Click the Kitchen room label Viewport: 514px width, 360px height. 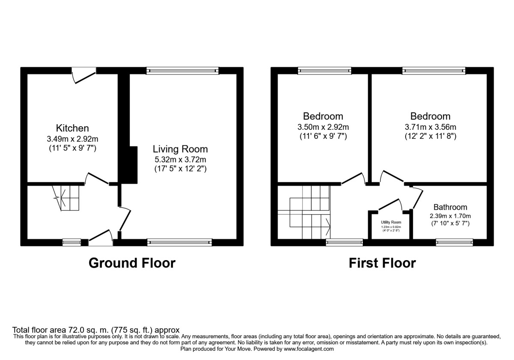pyautogui.click(x=72, y=128)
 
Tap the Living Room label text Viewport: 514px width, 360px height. pyautogui.click(x=180, y=149)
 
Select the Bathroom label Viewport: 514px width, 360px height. pyautogui.click(x=450, y=207)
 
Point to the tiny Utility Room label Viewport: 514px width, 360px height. pyautogui.click(x=391, y=222)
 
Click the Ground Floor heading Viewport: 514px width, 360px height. pyautogui.click(x=132, y=263)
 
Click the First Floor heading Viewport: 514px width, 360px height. pyautogui.click(x=382, y=263)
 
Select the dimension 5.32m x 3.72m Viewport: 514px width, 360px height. pyautogui.click(x=180, y=159)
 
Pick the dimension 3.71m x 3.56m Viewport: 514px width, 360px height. pyautogui.click(x=430, y=127)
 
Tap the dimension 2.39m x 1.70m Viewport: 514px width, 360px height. pyautogui.click(x=450, y=216)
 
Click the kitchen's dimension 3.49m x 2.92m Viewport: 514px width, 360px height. pyautogui.click(x=72, y=138)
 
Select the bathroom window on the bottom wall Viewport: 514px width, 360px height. pyautogui.click(x=454, y=243)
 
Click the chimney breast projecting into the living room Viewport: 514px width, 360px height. pyautogui.click(x=129, y=165)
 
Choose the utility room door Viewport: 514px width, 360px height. pyautogui.click(x=390, y=204)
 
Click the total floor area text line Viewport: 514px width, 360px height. pyautogui.click(x=96, y=330)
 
